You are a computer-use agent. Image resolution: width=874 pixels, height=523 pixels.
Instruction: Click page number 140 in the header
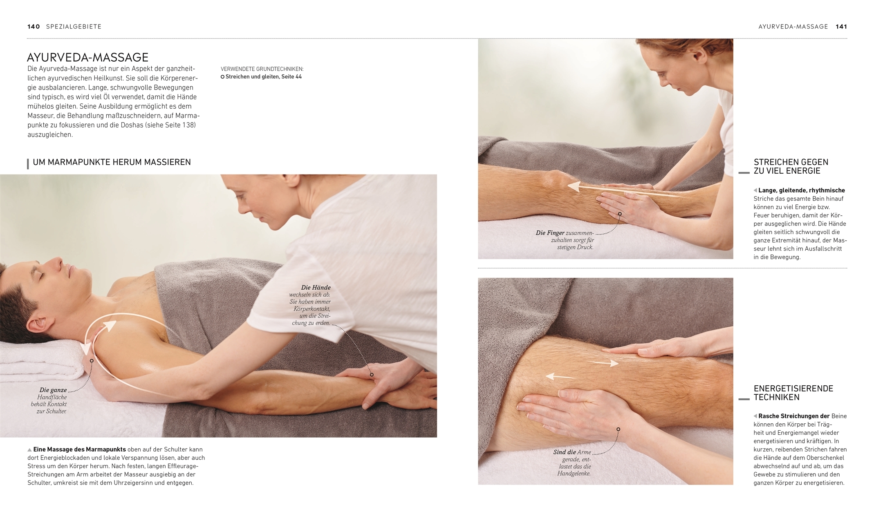tap(34, 27)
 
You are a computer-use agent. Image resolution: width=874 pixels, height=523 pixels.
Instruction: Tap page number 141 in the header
tap(841, 27)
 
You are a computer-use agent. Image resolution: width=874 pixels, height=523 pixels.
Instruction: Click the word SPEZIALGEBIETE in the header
tap(74, 27)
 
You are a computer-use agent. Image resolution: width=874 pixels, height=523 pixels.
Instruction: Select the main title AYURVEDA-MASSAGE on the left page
tap(87, 57)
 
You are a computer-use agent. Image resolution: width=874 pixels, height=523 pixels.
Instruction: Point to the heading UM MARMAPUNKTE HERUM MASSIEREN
tap(112, 162)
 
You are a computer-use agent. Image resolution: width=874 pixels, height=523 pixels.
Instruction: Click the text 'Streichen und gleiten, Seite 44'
tap(264, 77)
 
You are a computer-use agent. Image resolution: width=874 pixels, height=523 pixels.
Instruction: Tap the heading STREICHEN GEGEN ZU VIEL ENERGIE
tap(791, 167)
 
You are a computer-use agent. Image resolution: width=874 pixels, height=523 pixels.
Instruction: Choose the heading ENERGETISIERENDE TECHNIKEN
tap(793, 393)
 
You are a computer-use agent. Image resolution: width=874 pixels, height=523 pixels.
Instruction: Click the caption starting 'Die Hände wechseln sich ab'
tap(310, 305)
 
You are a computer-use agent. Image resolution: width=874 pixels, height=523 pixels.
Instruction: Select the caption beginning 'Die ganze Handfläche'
tap(49, 400)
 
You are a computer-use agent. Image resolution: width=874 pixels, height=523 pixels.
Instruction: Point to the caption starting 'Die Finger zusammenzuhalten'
tap(565, 240)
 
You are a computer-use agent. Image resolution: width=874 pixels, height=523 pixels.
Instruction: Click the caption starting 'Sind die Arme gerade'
tap(572, 463)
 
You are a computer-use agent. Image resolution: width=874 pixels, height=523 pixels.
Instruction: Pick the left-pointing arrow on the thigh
tap(560, 376)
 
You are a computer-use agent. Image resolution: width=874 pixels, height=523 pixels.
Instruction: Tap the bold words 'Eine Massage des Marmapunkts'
tap(80, 449)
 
